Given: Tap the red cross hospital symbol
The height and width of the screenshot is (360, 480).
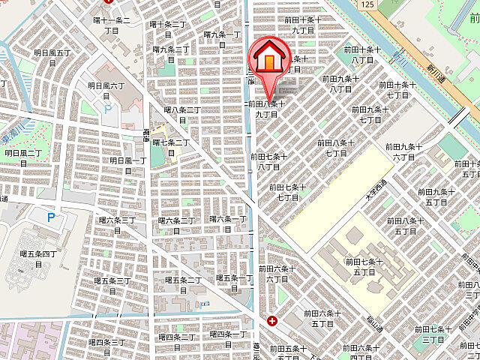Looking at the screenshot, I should pos(271,321).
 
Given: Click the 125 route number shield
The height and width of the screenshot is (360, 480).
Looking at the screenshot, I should pos(366,4).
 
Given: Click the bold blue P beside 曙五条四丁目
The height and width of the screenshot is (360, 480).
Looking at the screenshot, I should pos(51,218).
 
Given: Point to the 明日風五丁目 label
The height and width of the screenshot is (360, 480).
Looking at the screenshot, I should pos(52,58).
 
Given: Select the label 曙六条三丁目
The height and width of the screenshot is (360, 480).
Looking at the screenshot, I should pos(118,224).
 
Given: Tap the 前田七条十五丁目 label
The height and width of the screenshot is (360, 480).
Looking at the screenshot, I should pos(364,266).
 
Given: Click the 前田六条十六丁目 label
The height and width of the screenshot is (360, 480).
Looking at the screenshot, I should pos(278,273).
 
